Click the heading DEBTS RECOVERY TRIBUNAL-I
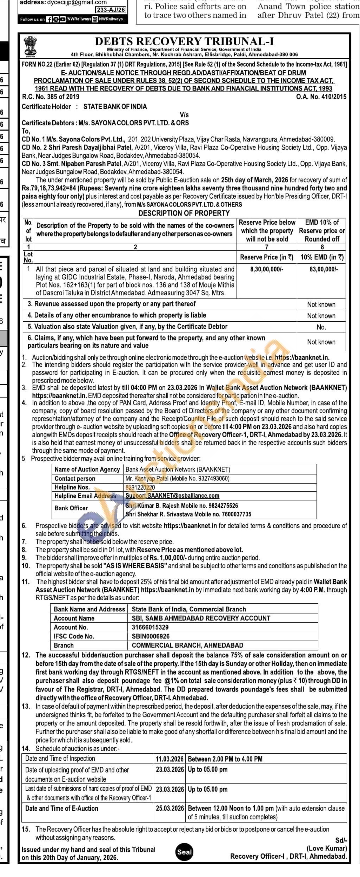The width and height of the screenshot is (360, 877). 184,41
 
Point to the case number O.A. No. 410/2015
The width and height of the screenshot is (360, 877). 321,97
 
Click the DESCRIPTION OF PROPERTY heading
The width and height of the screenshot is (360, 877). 184,213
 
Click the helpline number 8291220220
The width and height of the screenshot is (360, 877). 140,487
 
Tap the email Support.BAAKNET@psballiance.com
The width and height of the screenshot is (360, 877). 172,496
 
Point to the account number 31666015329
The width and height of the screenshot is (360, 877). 150,627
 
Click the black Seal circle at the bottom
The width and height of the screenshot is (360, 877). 184,852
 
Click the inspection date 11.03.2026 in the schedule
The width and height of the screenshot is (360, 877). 169,759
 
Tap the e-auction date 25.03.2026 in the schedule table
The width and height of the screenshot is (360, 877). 169,808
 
